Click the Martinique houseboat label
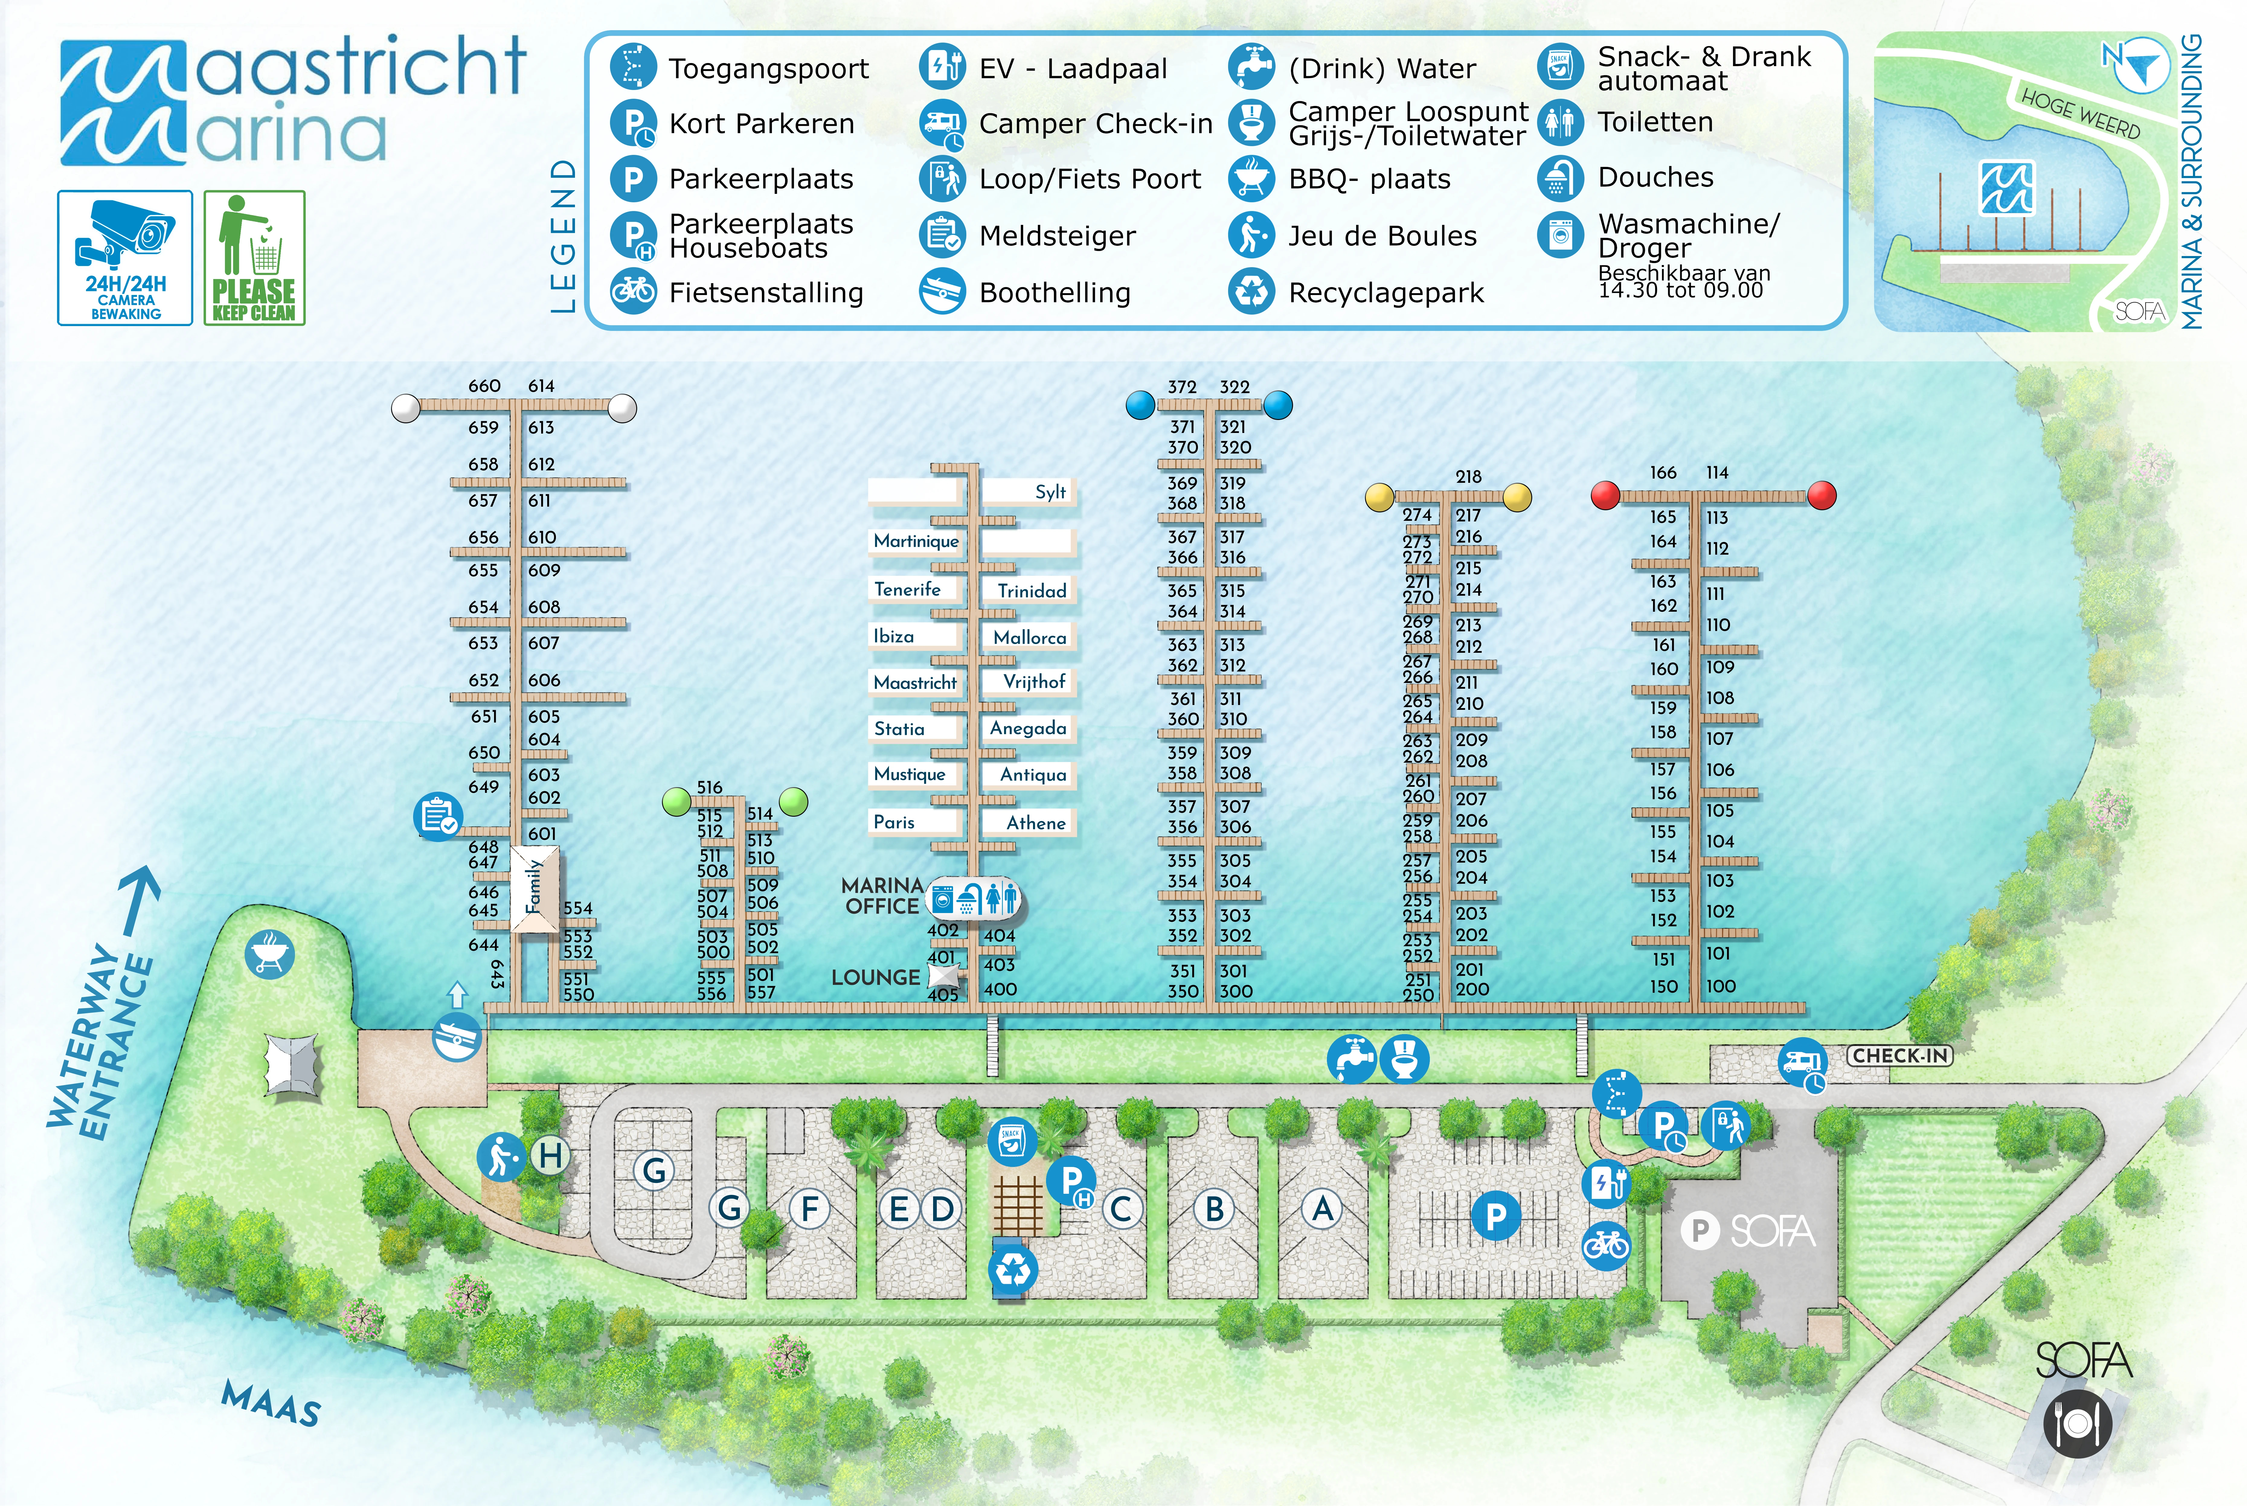pyautogui.click(x=916, y=541)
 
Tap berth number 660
pyautogui.click(x=484, y=385)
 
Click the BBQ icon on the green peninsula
pyautogui.click(x=269, y=954)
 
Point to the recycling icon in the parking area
pyautogui.click(x=1013, y=1270)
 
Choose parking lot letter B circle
pyautogui.click(x=1214, y=1209)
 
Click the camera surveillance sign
pyautogui.click(x=125, y=258)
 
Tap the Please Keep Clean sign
pyautogui.click(x=254, y=258)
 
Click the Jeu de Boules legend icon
pyautogui.click(x=1252, y=235)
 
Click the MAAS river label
pyautogui.click(x=271, y=1403)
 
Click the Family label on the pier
pyautogui.click(x=534, y=887)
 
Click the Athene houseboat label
pyautogui.click(x=1035, y=823)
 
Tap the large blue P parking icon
pyautogui.click(x=1496, y=1216)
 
